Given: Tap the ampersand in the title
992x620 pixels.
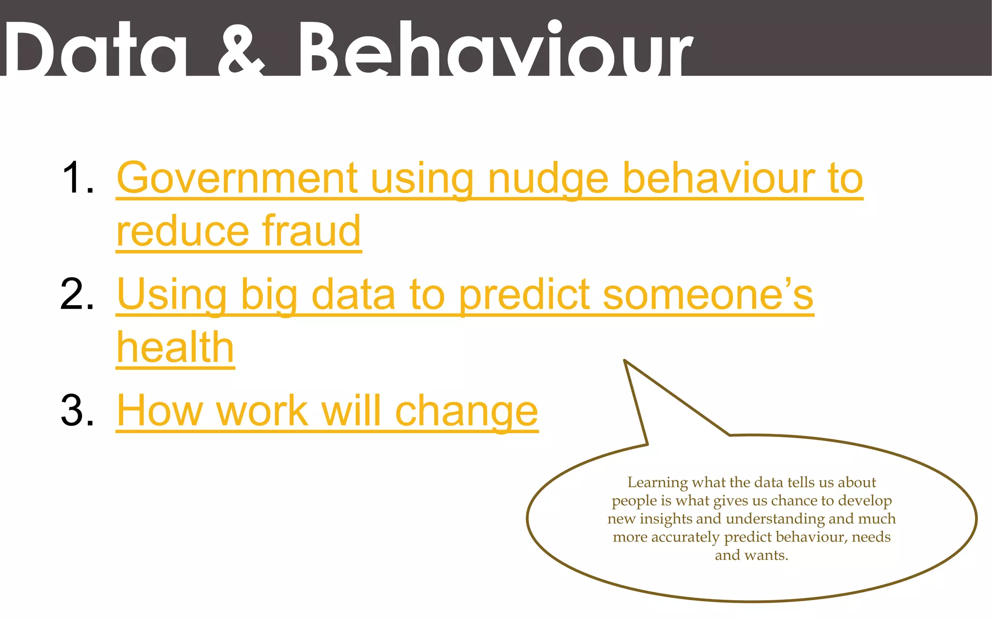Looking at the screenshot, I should coord(241,48).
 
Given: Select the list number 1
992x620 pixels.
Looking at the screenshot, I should coord(77,178).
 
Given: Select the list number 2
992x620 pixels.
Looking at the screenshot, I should coord(77,294).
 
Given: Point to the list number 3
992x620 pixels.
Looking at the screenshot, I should coord(77,411).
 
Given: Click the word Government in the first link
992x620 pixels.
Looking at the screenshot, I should coord(237,178).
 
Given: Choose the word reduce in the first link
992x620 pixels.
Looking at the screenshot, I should coord(183,231).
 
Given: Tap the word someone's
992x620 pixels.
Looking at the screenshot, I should coord(708,294).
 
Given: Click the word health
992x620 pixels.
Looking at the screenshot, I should coord(175,347).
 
